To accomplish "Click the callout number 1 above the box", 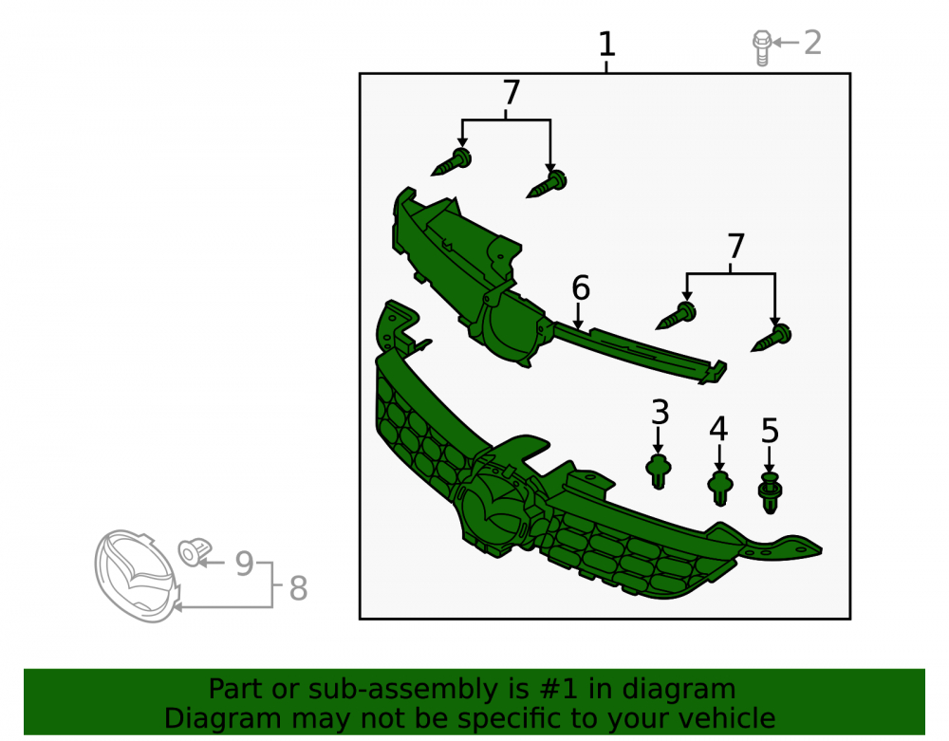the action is (606, 45).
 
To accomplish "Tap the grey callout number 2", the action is (812, 43).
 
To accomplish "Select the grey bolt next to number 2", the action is (762, 47).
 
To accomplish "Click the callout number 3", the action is (660, 412).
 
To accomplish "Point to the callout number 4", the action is (718, 429).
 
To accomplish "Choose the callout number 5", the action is (770, 432).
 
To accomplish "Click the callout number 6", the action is (581, 287).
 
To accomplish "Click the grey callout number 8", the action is (298, 588).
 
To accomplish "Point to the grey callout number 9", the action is (245, 564).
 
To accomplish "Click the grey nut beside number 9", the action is (195, 551).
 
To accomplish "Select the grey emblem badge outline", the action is (137, 577).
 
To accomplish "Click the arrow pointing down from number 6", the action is (579, 316).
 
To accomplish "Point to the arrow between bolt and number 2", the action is (786, 43).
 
